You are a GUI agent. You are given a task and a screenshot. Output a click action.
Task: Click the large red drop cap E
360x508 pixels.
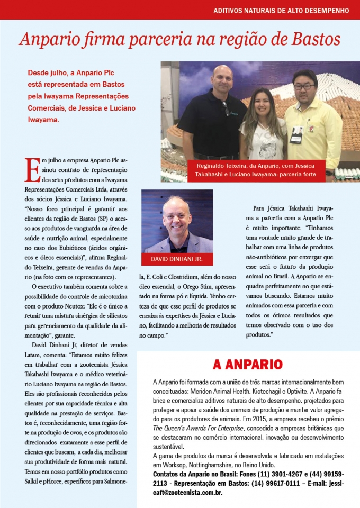32,169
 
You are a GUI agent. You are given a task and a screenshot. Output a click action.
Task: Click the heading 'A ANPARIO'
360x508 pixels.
247,365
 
